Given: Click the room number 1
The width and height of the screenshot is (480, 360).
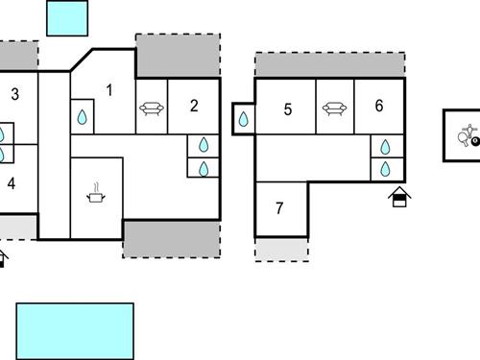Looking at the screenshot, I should pos(109,90).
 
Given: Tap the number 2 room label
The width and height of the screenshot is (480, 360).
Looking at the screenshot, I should pos(194,106).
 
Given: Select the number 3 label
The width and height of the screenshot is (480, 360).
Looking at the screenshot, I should pos(15,94).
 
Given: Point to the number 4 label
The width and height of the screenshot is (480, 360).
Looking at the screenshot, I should pos(12,182).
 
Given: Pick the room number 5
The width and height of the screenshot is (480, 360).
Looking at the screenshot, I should pos(287,109).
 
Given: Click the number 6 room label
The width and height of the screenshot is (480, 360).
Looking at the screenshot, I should pos(379,106).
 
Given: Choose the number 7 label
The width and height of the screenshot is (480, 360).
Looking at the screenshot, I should pos(279,207).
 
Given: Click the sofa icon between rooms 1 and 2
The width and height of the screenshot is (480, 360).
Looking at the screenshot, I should pos(151,109).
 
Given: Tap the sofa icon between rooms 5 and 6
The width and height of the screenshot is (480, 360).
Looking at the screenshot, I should pos(333,109).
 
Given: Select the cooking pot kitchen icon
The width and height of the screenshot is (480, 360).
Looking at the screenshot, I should pos(96,195).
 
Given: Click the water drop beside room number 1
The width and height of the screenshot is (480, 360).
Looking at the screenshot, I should pos(83,117).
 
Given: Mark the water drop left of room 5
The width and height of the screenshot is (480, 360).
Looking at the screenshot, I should pos(244,120).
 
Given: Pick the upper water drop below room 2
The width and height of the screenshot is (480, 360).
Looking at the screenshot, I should pos(204,146).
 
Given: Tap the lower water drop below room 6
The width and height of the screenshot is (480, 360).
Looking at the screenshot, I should pos(385,169).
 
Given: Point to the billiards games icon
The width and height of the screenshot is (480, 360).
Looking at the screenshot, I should pos(468,138).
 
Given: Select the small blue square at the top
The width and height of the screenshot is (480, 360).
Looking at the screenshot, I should pos(67,17).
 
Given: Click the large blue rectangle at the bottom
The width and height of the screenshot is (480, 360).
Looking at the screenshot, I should pos(75,331).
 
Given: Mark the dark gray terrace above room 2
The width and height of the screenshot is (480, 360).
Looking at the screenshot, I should pos(178,55).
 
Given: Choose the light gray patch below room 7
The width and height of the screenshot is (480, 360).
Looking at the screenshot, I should pos(281,248).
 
